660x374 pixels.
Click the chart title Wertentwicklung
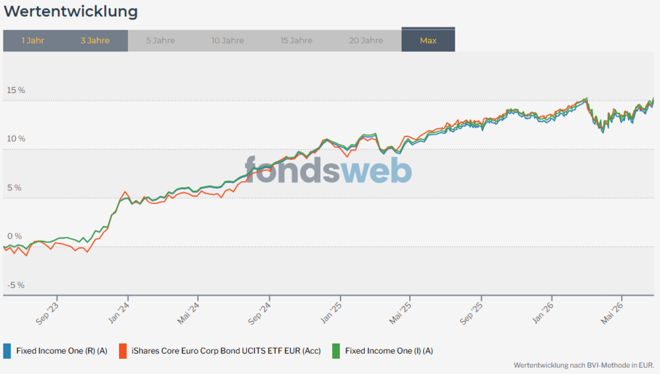click(71, 12)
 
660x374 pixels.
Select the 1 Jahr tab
click(33, 40)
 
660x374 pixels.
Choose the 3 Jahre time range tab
click(95, 40)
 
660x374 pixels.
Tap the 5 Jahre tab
click(160, 40)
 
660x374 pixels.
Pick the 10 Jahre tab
click(227, 40)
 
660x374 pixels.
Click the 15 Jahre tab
click(296, 40)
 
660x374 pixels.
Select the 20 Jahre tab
click(366, 40)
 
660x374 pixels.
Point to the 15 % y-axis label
click(16, 91)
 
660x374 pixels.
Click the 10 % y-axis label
click(16, 139)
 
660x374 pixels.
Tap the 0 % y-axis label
click(15, 236)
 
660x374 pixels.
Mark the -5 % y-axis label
click(16, 285)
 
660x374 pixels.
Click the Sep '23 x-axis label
click(47, 314)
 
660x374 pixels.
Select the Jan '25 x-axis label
click(331, 313)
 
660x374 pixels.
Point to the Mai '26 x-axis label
click(612, 313)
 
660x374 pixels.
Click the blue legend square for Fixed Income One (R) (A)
click(7, 351)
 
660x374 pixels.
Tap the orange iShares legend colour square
click(123, 351)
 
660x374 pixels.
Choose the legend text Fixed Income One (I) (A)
click(389, 351)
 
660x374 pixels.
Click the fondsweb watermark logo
click(328, 170)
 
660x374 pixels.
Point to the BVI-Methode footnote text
click(584, 365)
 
